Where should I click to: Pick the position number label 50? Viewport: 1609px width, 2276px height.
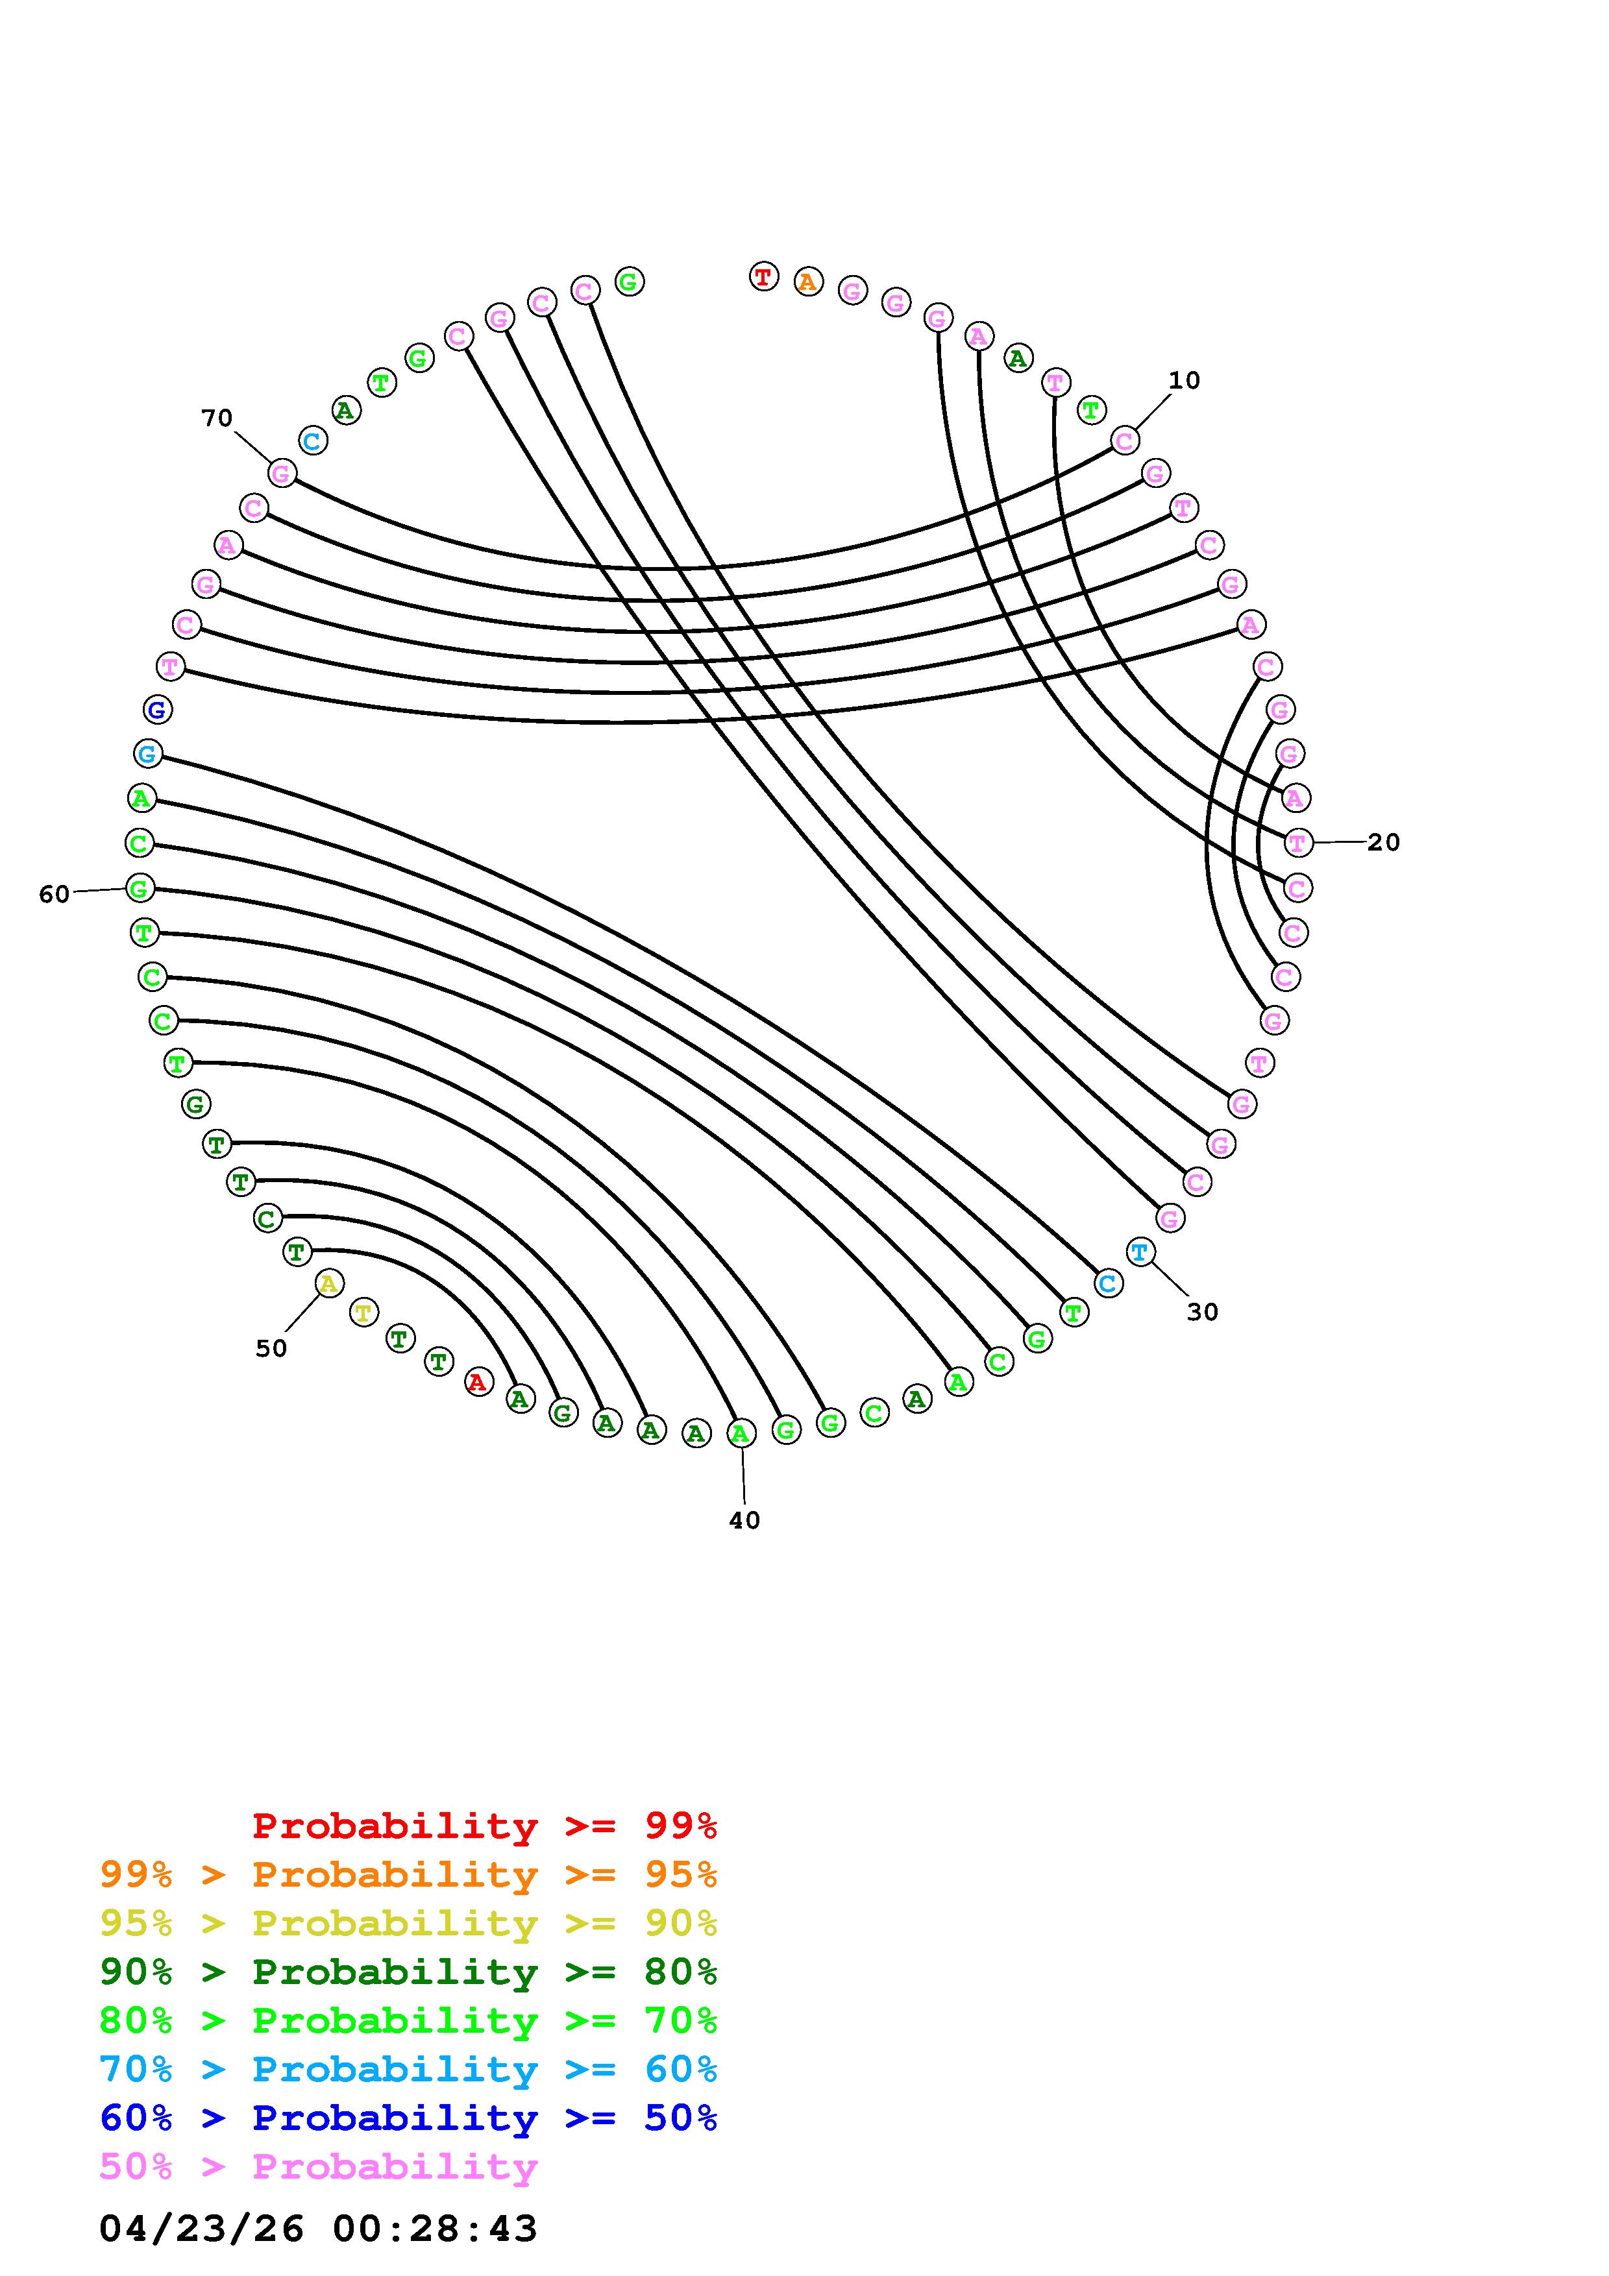click(x=271, y=1348)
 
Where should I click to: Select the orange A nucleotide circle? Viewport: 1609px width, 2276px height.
click(x=808, y=282)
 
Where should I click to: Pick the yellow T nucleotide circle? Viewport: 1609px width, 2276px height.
click(x=364, y=1313)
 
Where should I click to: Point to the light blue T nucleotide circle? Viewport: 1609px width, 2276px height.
click(x=1140, y=1252)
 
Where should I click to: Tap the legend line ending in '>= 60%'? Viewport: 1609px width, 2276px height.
click(x=408, y=2069)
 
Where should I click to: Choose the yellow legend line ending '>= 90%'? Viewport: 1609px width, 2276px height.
click(x=408, y=1923)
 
